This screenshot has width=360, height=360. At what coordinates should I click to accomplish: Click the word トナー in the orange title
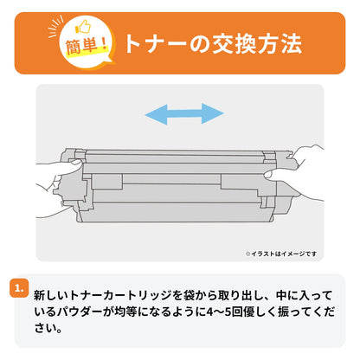[155, 44]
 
